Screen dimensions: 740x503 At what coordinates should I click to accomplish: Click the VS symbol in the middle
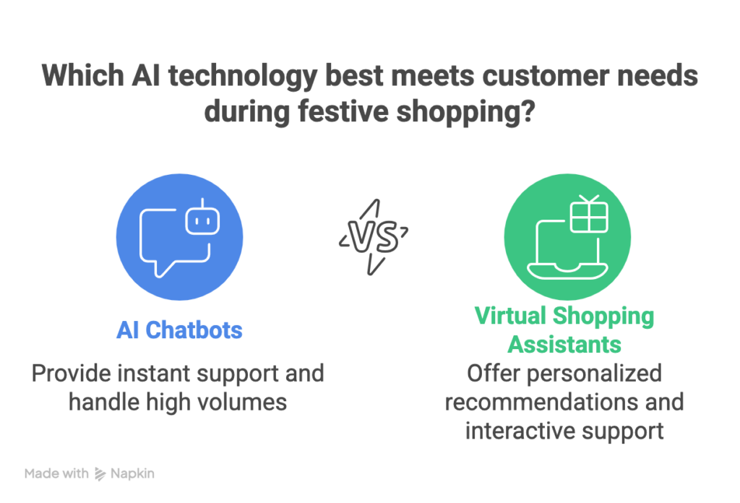374,236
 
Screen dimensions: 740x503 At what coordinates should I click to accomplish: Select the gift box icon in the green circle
589,214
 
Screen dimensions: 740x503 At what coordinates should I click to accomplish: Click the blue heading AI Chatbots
179,330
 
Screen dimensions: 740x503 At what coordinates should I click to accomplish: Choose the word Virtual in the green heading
511,316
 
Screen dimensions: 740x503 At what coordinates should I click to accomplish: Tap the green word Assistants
564,345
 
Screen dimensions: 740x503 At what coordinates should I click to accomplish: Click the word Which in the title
83,75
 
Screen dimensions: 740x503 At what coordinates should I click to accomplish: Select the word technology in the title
243,77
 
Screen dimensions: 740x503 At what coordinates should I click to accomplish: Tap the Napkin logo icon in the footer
100,474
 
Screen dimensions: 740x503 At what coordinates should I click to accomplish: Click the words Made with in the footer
56,473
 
